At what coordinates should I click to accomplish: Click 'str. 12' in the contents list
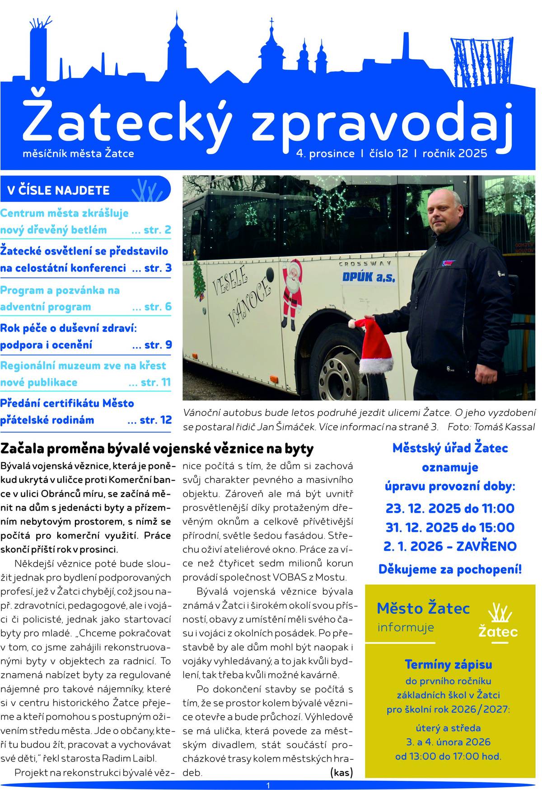click(155, 420)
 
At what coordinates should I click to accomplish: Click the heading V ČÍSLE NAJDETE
click(58, 190)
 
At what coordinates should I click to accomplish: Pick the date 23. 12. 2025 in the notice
click(415, 508)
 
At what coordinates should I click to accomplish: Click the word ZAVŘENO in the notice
click(486, 546)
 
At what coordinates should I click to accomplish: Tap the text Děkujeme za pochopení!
click(450, 569)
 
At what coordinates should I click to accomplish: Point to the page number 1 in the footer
click(268, 785)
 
